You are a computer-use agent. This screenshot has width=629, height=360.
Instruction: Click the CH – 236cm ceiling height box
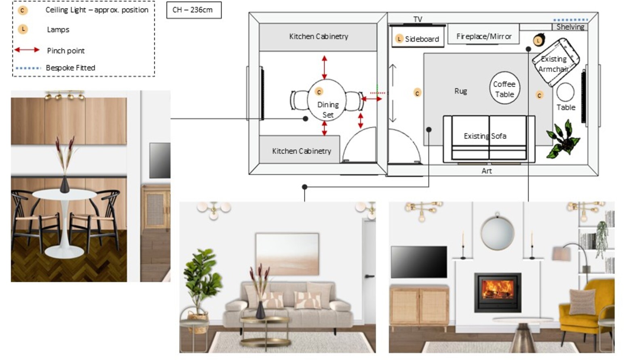[194, 10]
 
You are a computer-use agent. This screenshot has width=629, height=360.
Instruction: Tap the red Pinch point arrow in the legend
[27, 50]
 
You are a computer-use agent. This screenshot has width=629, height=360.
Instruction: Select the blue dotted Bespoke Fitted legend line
[28, 68]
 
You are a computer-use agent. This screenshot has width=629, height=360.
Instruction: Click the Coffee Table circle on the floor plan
[504, 88]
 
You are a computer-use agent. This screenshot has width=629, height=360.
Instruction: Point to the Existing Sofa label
[485, 136]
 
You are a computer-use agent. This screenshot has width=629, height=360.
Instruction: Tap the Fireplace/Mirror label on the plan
[483, 36]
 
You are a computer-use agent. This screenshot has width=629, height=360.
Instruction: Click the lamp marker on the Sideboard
[399, 39]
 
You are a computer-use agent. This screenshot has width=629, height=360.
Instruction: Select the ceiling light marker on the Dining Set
[319, 92]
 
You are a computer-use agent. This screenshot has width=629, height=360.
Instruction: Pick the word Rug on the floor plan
[460, 91]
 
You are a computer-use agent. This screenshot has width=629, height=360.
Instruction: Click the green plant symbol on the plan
[564, 139]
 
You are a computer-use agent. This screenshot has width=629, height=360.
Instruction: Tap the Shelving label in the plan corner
[570, 27]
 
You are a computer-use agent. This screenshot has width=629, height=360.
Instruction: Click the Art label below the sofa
[486, 171]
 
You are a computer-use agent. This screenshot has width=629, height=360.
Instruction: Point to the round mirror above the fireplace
[497, 233]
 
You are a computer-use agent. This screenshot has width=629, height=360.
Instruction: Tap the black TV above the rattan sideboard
[419, 262]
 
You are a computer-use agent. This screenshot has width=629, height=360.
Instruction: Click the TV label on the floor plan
[418, 19]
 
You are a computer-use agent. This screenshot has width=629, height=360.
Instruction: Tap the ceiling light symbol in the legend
[23, 10]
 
